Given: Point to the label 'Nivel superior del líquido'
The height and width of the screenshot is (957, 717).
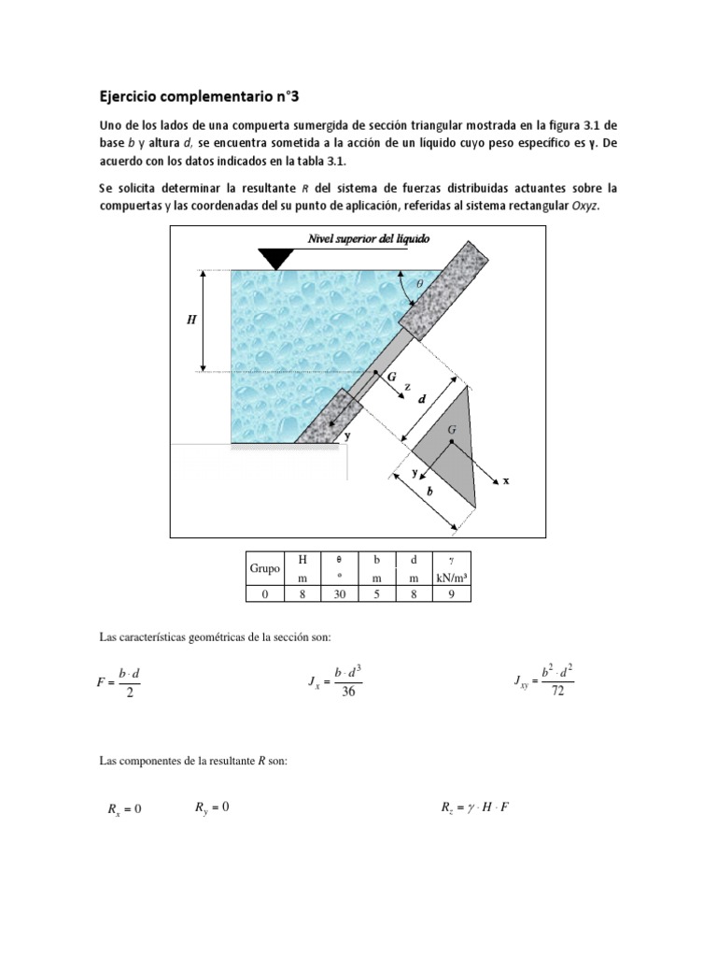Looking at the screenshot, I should (x=369, y=239).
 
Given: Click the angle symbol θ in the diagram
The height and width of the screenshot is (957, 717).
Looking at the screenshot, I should (x=419, y=281).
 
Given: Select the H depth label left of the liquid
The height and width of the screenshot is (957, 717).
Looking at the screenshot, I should (x=191, y=320).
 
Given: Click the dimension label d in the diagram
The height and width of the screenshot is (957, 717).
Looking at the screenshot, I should (x=422, y=399).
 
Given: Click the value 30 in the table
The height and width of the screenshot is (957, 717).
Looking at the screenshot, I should (x=334, y=593).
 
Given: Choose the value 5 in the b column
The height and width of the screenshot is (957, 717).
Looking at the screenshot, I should (x=375, y=593).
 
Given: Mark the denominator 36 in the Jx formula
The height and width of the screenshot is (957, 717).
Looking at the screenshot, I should (x=347, y=691).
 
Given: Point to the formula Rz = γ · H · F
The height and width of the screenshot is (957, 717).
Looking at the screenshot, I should (x=475, y=807).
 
